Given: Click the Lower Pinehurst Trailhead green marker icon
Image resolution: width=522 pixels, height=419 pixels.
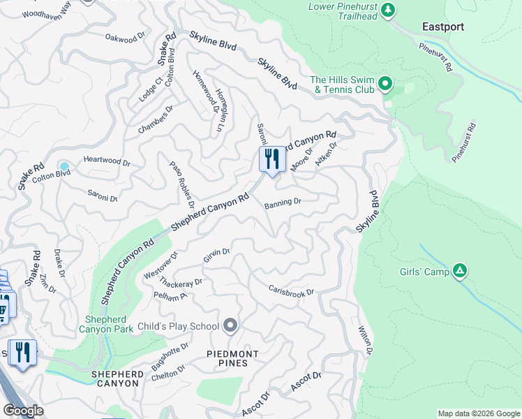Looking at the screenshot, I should click(389, 10).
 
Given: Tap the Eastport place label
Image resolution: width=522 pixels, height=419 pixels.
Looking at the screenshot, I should click(442, 27).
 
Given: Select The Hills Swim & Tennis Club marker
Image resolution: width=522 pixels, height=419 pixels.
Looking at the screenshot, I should click(385, 85).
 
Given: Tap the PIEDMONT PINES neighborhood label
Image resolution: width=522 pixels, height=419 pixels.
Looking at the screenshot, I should click(232, 359).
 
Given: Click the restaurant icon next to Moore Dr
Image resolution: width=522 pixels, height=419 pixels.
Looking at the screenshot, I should click(271, 159).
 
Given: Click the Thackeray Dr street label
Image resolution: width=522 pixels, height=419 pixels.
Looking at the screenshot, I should click(180, 283).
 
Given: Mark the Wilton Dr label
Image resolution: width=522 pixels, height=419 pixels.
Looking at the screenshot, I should click(365, 340).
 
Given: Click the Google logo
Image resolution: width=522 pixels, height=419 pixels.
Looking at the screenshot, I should click(23, 410).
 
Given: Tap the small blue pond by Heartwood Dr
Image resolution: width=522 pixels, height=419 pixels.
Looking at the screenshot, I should click(64, 166).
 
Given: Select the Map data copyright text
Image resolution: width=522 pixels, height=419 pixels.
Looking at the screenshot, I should click(478, 413).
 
